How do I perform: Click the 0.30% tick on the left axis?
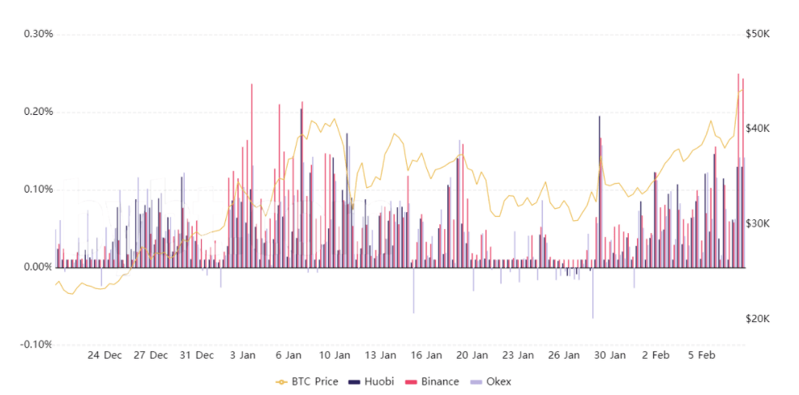tap(38, 35)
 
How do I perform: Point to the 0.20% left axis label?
tap(38, 112)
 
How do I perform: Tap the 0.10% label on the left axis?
tap(38, 190)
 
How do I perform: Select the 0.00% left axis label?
tap(38, 267)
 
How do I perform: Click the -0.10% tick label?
tap(36, 345)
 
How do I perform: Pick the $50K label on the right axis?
tap(758, 35)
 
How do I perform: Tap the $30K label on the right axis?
tap(758, 224)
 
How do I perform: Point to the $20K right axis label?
tap(758, 319)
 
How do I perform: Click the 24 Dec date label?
tap(105, 355)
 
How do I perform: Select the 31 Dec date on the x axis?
tap(197, 355)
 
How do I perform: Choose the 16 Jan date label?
tap(426, 355)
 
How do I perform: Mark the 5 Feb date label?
tap(703, 355)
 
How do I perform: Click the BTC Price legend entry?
tap(307, 381)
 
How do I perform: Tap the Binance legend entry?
tap(432, 381)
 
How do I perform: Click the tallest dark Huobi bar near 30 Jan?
tap(600, 191)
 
